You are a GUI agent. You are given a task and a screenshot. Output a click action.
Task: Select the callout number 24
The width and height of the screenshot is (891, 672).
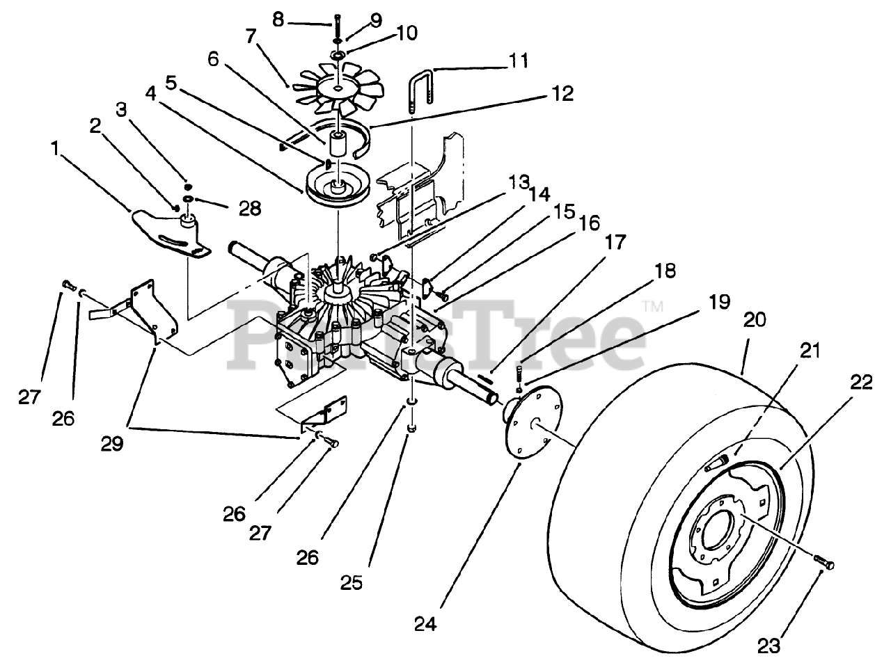pyautogui.click(x=425, y=624)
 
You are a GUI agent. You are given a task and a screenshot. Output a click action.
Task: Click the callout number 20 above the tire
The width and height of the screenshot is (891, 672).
pyautogui.click(x=754, y=319)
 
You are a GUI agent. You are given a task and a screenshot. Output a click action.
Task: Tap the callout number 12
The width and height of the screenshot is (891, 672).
pyautogui.click(x=562, y=94)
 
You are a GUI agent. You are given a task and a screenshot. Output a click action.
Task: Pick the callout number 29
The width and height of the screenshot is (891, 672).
pyautogui.click(x=112, y=444)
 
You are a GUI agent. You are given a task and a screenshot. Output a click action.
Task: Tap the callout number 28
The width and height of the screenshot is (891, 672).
pyautogui.click(x=250, y=209)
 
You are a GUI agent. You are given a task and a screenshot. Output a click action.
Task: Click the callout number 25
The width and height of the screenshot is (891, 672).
pyautogui.click(x=352, y=584)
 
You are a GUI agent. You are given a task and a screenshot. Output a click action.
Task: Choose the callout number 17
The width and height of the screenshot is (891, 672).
pyautogui.click(x=615, y=241)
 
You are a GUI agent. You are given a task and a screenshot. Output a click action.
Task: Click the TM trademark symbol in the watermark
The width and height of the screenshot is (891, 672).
pyautogui.click(x=654, y=306)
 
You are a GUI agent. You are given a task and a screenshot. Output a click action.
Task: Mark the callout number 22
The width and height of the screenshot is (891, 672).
pyautogui.click(x=860, y=382)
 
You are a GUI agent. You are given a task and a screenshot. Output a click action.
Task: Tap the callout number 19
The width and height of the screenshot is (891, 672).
pyautogui.click(x=719, y=301)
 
